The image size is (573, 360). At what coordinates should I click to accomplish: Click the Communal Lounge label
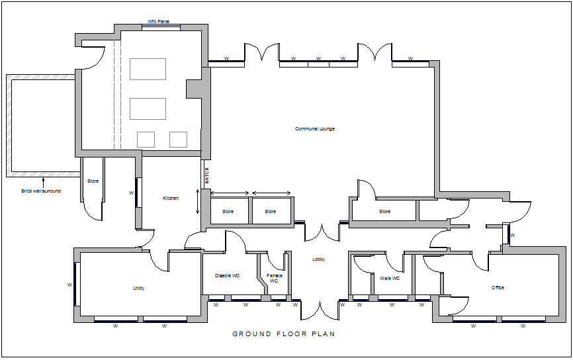click(x=315, y=128)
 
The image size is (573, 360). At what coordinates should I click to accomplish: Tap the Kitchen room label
click(x=171, y=199)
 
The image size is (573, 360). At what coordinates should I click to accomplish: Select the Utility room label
click(x=138, y=289)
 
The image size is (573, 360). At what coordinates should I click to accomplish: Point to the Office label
click(x=498, y=288)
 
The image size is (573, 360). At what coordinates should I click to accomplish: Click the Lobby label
click(x=319, y=259)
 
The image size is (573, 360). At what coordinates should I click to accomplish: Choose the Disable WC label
click(x=227, y=275)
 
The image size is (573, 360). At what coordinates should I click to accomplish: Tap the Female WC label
click(x=274, y=278)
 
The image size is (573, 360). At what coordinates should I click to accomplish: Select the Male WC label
click(x=390, y=279)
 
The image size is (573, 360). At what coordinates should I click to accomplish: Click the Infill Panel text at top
click(x=158, y=22)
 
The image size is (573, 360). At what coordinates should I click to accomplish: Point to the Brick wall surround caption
click(x=41, y=191)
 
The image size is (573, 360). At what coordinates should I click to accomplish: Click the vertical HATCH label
click(x=206, y=176)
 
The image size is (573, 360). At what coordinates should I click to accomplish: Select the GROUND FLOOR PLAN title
click(x=283, y=334)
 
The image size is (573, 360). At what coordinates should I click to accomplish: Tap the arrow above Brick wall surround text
click(x=43, y=181)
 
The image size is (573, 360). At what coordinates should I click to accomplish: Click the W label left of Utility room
click(x=69, y=285)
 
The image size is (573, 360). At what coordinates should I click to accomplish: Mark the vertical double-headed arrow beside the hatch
click(x=197, y=201)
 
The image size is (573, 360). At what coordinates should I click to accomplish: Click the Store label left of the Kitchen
click(x=93, y=181)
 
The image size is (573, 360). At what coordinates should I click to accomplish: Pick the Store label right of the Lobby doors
click(x=384, y=212)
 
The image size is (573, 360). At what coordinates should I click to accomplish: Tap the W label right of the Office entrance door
click(x=513, y=235)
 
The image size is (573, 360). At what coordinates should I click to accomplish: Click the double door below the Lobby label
click(x=319, y=310)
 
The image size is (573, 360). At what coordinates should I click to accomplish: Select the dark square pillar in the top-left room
click(x=194, y=89)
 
